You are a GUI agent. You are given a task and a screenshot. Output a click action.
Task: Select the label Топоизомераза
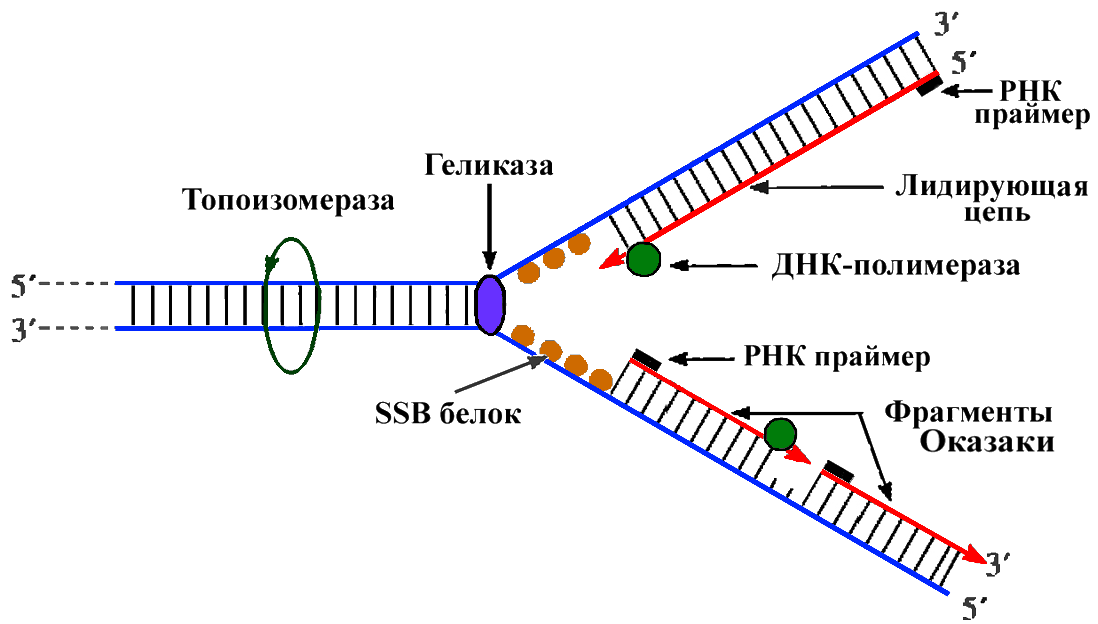[x=288, y=200]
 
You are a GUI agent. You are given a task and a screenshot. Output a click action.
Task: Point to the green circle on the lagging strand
[x=780, y=434]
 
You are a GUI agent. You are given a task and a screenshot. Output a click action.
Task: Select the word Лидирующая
[x=991, y=187]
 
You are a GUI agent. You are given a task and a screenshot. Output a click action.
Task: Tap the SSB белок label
[x=448, y=414]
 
